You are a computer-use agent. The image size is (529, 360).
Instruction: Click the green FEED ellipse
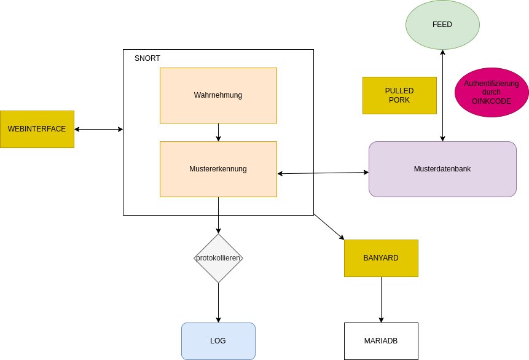pyautogui.click(x=442, y=25)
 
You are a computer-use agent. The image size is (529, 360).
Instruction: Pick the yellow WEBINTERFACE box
pyautogui.click(x=37, y=129)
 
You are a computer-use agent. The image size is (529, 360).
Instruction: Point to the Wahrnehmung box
pyautogui.click(x=218, y=95)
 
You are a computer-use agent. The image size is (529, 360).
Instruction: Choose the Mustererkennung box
pyautogui.click(x=218, y=169)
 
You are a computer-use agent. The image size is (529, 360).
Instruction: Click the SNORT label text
pyautogui.click(x=147, y=58)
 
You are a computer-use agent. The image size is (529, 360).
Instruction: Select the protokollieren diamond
pyautogui.click(x=218, y=258)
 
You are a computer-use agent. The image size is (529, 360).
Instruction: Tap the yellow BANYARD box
pyautogui.click(x=381, y=258)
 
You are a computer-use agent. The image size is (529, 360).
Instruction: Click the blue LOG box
pyautogui.click(x=218, y=341)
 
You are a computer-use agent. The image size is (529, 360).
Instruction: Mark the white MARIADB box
pyautogui.click(x=381, y=341)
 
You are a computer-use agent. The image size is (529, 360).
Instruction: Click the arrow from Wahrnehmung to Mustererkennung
pyautogui.click(x=218, y=132)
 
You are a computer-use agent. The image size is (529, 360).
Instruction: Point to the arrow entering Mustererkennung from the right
pyautogui.click(x=295, y=173)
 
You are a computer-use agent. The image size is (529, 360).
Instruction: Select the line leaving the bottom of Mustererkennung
pyautogui.click(x=218, y=206)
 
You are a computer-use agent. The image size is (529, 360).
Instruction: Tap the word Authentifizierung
pyautogui.click(x=492, y=83)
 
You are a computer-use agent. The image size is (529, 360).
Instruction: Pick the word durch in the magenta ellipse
pyautogui.click(x=492, y=92)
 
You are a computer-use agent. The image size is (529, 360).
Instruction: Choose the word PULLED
pyautogui.click(x=399, y=91)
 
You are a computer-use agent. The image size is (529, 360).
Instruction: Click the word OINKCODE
pyautogui.click(x=492, y=101)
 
